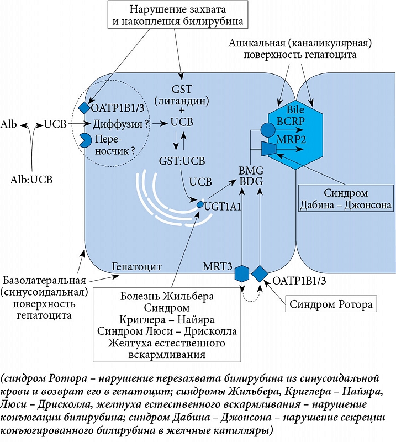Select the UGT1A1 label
224,206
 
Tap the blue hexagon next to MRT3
241,273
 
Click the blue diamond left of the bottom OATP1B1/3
260,273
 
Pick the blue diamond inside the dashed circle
83,106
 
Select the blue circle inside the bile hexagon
267,130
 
